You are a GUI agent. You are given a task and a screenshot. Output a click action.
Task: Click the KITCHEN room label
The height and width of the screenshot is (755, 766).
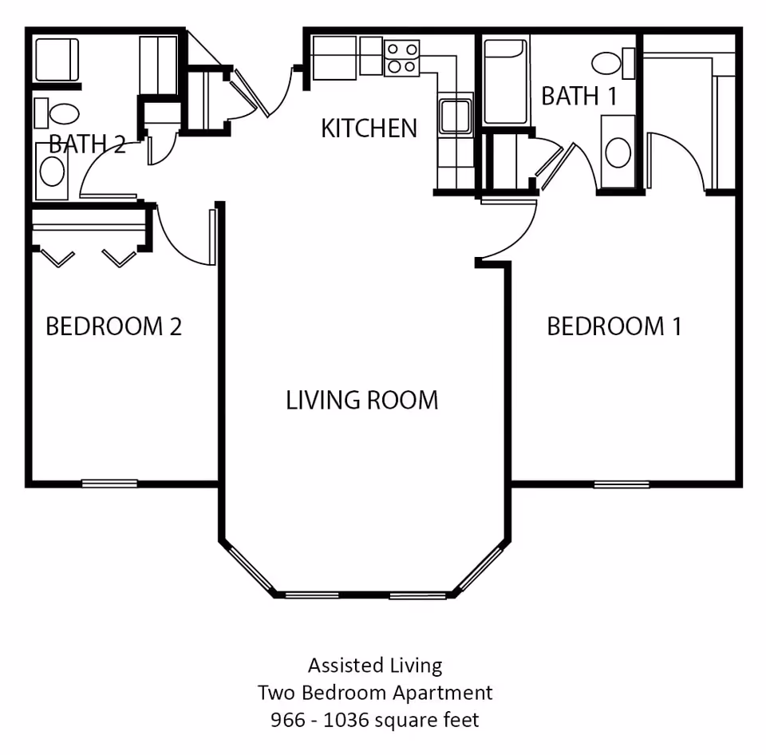click(x=369, y=128)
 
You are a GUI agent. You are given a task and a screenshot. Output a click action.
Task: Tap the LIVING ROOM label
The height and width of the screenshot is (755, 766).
click(x=361, y=399)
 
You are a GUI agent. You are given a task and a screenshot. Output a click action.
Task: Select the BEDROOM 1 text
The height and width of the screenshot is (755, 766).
click(x=614, y=326)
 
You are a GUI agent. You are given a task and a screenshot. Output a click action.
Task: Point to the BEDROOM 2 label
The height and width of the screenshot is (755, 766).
click(x=113, y=326)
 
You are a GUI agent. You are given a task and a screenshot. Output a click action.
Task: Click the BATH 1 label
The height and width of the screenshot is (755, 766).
click(x=579, y=96)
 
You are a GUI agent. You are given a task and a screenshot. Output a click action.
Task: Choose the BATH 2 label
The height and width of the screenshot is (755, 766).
click(x=87, y=144)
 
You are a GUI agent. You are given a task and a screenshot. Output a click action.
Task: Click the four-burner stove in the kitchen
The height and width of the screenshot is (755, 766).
click(x=402, y=57)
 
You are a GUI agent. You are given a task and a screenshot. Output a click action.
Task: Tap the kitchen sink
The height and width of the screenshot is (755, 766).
click(x=456, y=115)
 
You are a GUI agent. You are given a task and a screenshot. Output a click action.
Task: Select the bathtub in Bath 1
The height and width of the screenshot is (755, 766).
click(x=505, y=81)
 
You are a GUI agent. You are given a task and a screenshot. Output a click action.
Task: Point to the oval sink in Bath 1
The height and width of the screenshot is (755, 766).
click(x=618, y=152)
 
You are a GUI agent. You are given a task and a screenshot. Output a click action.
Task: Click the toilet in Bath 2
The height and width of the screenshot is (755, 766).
click(x=58, y=113)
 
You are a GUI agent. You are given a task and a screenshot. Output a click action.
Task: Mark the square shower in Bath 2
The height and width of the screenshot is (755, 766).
click(x=57, y=58)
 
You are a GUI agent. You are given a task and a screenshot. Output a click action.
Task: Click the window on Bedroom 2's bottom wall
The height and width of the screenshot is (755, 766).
click(x=109, y=483)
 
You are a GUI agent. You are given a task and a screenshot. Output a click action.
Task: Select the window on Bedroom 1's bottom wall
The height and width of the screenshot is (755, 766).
click(x=621, y=484)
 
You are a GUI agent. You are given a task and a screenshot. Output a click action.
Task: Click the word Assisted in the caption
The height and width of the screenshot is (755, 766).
click(x=341, y=665)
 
